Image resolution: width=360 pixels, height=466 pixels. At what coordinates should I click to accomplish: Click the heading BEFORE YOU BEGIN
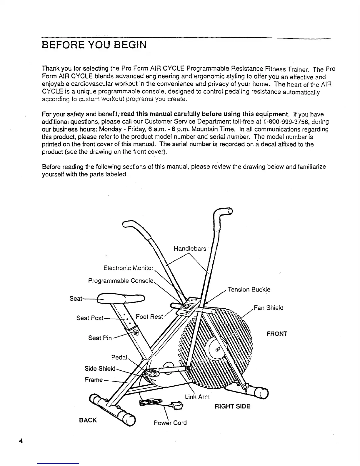[94, 46]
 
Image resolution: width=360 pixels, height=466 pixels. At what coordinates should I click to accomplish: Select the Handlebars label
[190, 249]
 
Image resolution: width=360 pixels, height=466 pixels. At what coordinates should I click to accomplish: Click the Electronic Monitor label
[129, 268]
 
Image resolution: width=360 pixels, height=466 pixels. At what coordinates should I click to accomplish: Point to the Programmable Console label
[121, 281]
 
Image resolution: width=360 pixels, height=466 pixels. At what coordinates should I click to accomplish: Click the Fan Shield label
[269, 308]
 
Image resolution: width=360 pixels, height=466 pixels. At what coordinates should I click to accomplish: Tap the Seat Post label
[90, 318]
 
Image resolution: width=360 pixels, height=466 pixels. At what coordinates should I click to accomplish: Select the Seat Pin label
[100, 338]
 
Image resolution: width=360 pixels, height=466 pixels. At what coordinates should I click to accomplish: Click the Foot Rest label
[149, 317]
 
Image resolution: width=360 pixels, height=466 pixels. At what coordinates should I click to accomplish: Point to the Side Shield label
[100, 369]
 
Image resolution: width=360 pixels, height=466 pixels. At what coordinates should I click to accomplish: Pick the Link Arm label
[197, 397]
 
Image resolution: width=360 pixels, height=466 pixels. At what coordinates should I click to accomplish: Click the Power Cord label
[170, 423]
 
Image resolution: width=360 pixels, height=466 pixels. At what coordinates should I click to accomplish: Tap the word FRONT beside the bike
[277, 334]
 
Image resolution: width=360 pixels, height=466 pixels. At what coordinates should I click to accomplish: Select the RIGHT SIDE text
[233, 407]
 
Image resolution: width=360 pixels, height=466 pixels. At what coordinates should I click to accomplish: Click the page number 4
[21, 441]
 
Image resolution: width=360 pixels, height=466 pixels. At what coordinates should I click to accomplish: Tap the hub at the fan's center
[218, 349]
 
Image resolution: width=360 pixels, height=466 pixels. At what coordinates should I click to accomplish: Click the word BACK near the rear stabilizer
[88, 420]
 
